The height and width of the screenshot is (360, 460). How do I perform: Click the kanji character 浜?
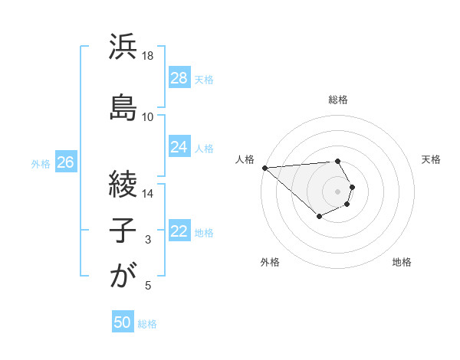click(122, 47)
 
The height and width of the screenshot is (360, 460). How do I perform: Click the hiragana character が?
click(122, 275)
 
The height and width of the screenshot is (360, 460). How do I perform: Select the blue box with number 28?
click(179, 77)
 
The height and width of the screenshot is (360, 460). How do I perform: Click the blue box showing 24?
click(179, 147)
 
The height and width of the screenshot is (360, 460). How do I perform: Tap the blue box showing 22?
click(179, 231)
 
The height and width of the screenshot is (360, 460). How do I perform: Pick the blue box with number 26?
click(66, 162)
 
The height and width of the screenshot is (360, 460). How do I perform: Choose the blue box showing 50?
click(123, 322)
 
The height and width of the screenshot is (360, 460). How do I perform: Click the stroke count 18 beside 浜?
click(148, 56)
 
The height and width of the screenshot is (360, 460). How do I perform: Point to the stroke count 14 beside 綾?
click(148, 193)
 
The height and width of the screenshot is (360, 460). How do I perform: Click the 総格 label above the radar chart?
click(338, 100)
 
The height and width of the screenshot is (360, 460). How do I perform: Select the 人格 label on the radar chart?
click(245, 159)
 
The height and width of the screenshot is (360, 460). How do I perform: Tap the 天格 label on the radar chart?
click(432, 159)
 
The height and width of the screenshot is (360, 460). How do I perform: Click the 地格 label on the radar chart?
click(402, 262)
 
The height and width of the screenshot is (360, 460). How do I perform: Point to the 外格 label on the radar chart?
click(270, 262)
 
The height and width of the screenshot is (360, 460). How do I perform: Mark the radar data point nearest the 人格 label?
click(264, 168)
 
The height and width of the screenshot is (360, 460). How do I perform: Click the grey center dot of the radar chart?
click(338, 191)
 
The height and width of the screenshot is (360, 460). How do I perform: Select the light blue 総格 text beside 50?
click(147, 324)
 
